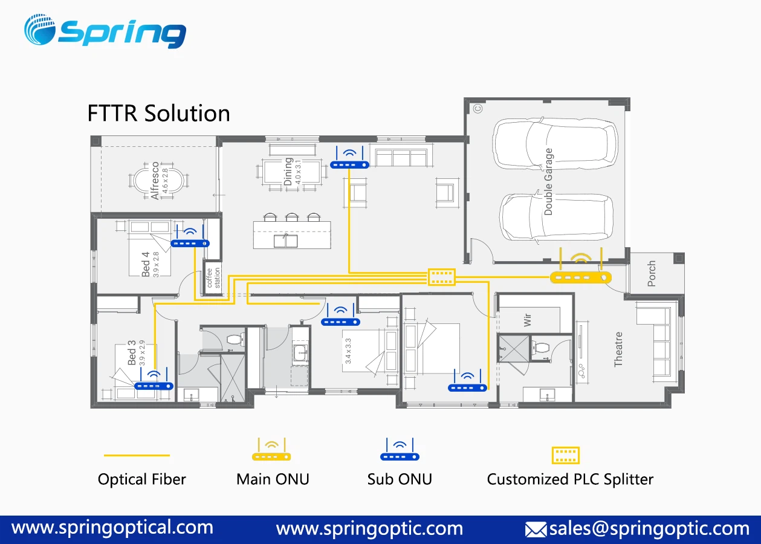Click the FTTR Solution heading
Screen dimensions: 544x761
[x=158, y=114]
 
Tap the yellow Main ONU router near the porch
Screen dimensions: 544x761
[x=580, y=276]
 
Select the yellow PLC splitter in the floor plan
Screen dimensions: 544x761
[x=441, y=277]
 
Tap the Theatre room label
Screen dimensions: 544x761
[x=618, y=349]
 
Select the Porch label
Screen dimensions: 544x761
[x=651, y=274]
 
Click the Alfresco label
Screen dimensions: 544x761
[x=156, y=180]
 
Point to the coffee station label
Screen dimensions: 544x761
[x=213, y=277]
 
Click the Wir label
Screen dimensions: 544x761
[x=528, y=319]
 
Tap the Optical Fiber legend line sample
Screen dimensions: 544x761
[x=137, y=456]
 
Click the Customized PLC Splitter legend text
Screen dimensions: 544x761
[x=570, y=479]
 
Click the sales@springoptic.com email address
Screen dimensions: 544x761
[x=649, y=529]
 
